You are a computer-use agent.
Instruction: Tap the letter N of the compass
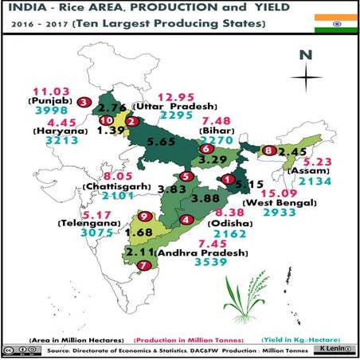[x=305, y=55]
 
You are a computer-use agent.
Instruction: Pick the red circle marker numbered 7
[x=143, y=265]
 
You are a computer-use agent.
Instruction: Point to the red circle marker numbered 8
[x=270, y=151]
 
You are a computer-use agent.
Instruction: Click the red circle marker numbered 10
[x=106, y=121]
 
